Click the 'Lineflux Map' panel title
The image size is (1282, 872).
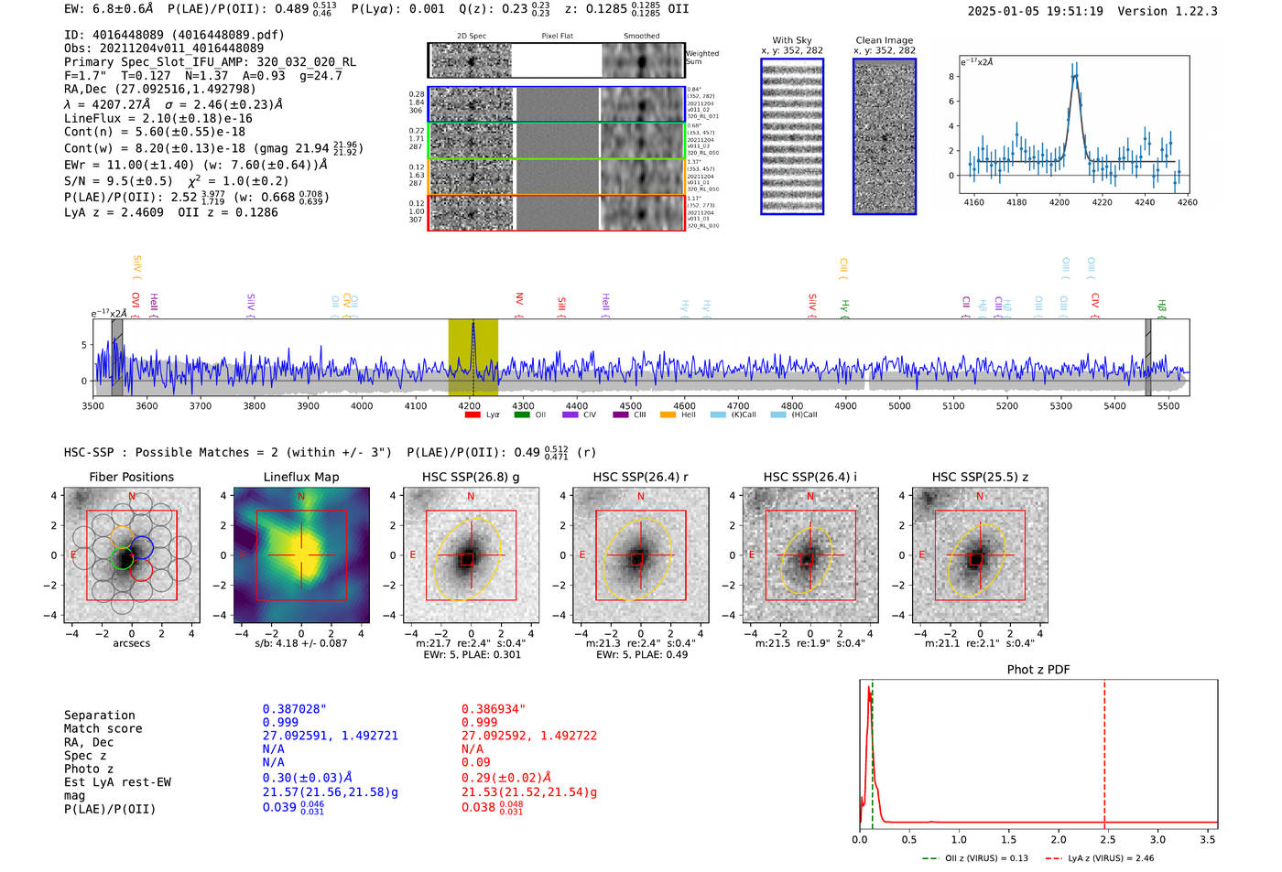(300, 477)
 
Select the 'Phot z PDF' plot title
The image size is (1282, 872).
(1038, 669)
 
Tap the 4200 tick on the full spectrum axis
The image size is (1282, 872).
(470, 405)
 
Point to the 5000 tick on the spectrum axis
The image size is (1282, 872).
(899, 405)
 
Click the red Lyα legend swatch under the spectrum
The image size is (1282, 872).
(473, 414)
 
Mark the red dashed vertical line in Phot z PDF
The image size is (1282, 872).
(1104, 750)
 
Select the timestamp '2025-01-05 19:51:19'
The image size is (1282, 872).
(1035, 11)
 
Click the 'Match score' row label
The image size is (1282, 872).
(103, 728)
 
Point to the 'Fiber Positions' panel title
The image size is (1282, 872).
(131, 477)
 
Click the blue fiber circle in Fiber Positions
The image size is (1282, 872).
(141, 548)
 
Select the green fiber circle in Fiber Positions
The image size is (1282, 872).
(122, 558)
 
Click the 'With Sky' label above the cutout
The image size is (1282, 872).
(791, 40)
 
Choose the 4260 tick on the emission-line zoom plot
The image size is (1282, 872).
(1187, 202)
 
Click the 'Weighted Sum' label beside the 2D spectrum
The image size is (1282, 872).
(701, 58)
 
